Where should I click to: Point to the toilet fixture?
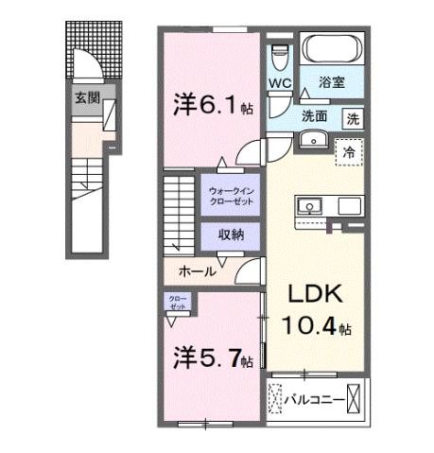277,57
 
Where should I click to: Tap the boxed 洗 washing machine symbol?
352,119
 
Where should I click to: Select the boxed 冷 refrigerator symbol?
349,150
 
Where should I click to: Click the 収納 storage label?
231,234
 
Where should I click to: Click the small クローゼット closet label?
178,305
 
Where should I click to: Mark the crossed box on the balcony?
356,399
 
